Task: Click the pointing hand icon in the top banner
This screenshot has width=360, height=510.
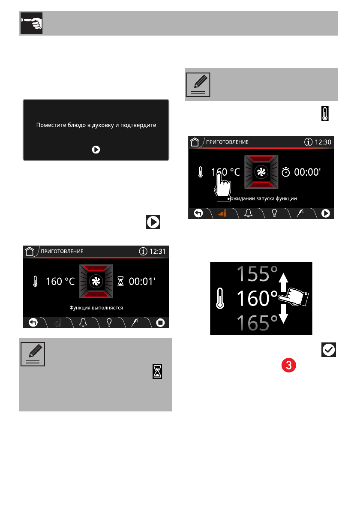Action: coord(32,24)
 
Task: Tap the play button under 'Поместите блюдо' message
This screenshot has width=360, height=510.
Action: coord(96,150)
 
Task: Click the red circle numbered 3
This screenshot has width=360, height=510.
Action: coord(289,365)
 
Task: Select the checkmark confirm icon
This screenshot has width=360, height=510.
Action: coord(328,350)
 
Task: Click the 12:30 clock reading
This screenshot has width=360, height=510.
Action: coord(323,142)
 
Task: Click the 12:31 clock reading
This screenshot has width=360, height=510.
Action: coord(157,252)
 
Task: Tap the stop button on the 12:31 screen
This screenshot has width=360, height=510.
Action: coord(160,323)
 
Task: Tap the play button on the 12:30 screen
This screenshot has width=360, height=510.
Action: coord(326,213)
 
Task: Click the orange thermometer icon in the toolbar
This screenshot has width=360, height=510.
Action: coord(223,213)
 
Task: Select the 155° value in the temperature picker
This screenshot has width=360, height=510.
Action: coord(257,274)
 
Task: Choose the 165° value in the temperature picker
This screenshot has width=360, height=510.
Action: coord(257,323)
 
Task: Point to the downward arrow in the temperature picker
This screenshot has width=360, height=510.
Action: coord(283,314)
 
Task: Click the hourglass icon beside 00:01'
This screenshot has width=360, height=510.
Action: coord(120,281)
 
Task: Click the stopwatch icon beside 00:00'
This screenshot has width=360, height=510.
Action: coord(285,172)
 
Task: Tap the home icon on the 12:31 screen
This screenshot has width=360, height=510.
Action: coord(30,251)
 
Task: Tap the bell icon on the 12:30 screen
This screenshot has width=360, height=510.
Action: coord(249,213)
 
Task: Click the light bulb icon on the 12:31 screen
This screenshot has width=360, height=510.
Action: coord(109,322)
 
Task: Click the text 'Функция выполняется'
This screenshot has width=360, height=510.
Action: coord(96,308)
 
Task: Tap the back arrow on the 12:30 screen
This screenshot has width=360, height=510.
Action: coord(198,213)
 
